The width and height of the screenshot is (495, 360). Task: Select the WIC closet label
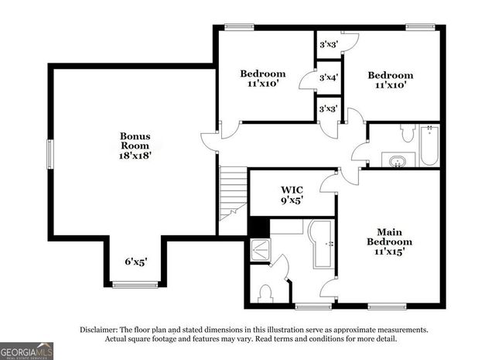pos(291,193)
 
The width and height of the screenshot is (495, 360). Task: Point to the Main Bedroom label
pos(390,241)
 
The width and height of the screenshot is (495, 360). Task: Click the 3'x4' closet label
pos(329,77)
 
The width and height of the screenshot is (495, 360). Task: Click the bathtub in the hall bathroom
pos(428,146)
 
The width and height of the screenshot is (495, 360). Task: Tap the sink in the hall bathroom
pos(398,161)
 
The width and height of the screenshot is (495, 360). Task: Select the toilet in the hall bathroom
pos(408,133)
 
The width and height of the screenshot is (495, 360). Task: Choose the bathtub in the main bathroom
pos(321,244)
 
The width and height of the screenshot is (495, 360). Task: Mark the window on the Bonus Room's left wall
pos(50,153)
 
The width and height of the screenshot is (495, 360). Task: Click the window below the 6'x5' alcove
pos(135,285)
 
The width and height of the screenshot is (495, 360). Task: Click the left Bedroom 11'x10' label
pos(262,78)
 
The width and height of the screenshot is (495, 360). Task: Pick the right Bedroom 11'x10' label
pos(390,80)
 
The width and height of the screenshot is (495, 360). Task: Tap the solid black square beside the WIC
pos(257,228)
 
